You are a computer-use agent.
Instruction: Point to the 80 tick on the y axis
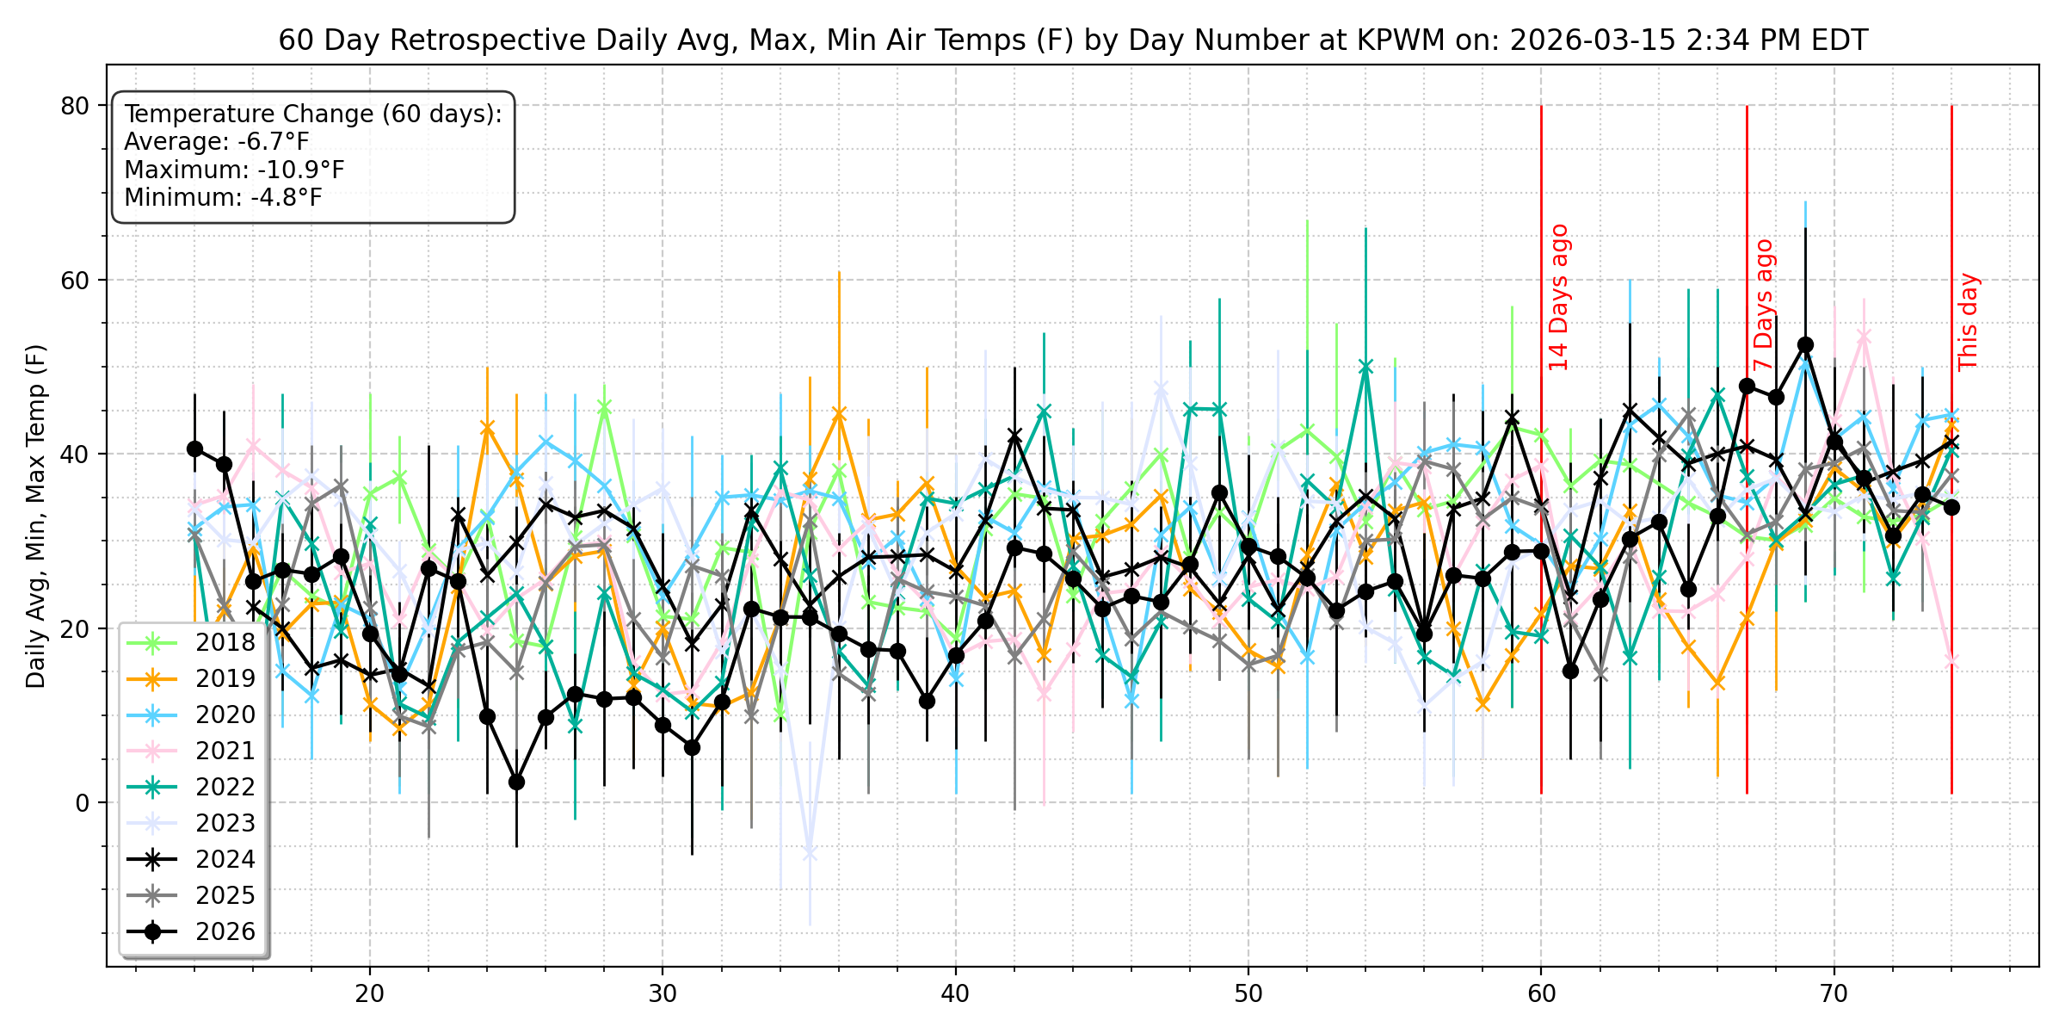[75, 106]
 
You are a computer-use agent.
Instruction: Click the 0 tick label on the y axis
[83, 802]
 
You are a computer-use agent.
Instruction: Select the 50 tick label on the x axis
[1248, 993]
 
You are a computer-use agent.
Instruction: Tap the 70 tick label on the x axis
[1834, 993]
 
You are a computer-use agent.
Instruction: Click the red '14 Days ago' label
[1559, 298]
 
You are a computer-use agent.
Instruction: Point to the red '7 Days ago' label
[1764, 306]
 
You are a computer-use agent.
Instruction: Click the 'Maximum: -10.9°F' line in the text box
[234, 170]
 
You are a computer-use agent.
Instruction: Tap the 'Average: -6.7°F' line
[217, 142]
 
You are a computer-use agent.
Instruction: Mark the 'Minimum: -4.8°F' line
[223, 197]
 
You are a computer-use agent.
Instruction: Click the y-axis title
[35, 516]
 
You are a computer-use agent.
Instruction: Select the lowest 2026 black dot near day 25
[516, 782]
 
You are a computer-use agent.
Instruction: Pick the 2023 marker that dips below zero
[809, 852]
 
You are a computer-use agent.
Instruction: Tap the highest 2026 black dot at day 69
[1805, 344]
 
